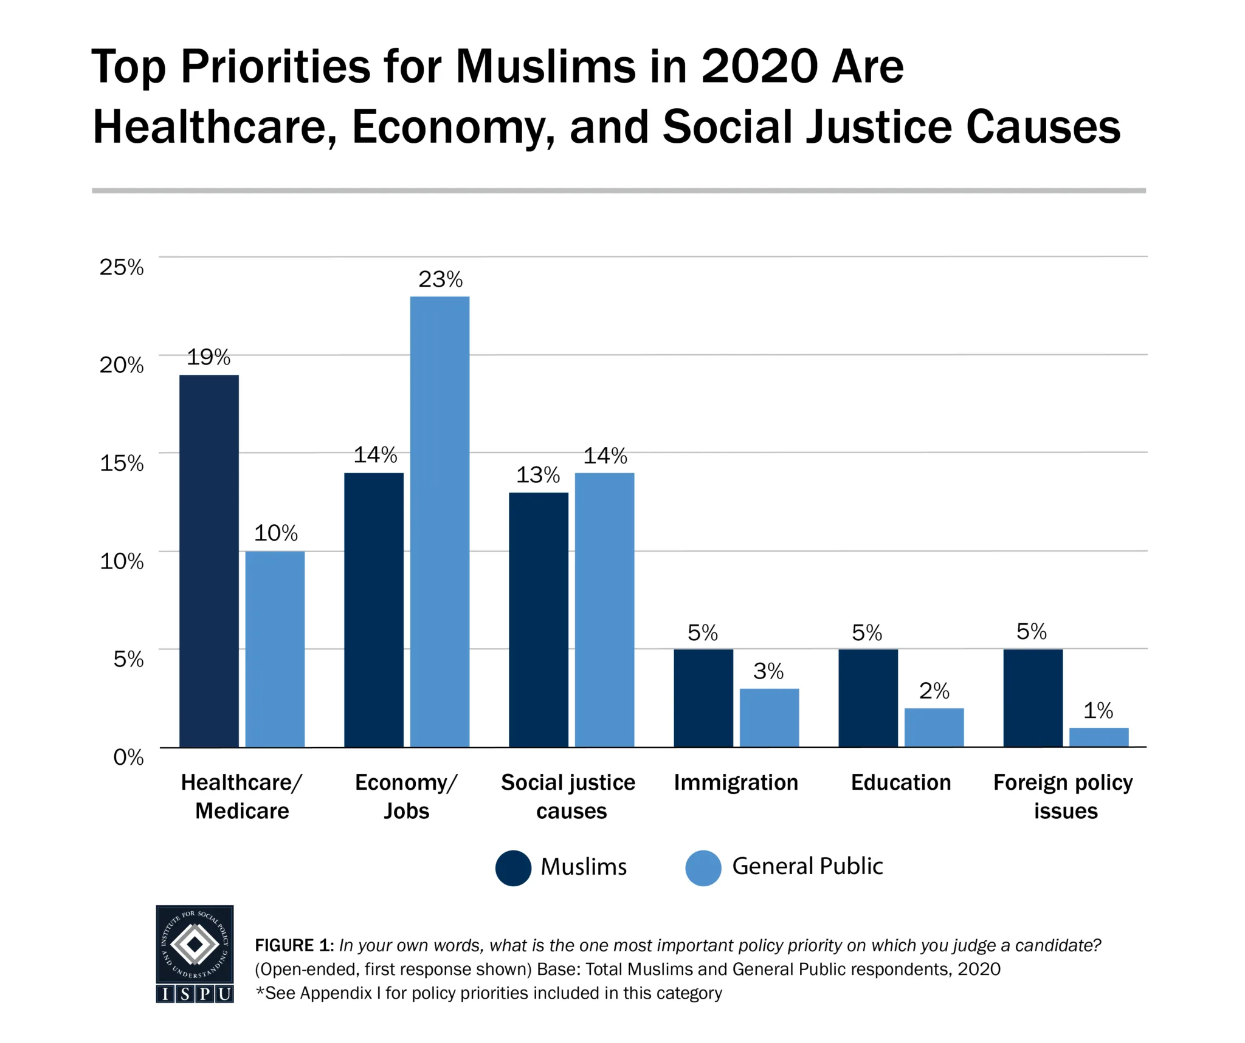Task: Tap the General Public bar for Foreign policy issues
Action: point(1098,737)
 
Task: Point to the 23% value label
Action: point(440,279)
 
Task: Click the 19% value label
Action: point(209,357)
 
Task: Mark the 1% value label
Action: point(1098,710)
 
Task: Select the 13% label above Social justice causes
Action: point(538,474)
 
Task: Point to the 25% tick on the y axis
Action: point(122,267)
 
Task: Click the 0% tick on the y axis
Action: point(128,757)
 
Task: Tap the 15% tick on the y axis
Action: point(122,463)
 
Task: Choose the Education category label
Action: point(901,782)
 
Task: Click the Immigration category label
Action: point(736,782)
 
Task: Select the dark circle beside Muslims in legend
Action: point(513,867)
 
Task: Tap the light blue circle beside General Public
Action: point(703,867)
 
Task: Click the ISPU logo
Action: point(195,953)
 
